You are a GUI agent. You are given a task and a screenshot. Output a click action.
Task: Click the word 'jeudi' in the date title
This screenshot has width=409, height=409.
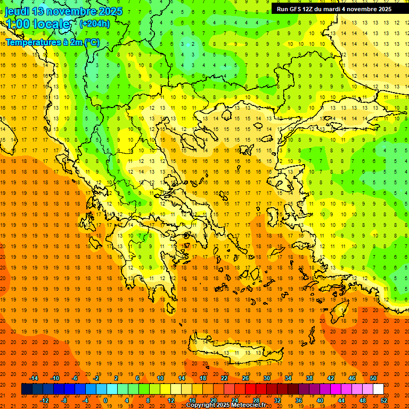(x=17, y=11)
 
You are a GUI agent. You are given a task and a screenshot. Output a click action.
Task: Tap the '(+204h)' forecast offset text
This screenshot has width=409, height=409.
(x=94, y=23)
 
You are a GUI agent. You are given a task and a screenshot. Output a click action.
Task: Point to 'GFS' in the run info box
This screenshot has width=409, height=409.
(x=298, y=9)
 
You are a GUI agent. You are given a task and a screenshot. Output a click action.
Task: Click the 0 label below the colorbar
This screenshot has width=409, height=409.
(x=105, y=400)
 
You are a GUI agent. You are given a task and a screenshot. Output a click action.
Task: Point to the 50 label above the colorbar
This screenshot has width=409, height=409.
(x=373, y=378)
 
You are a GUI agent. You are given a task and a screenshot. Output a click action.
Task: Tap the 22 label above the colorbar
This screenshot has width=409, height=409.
(x=224, y=378)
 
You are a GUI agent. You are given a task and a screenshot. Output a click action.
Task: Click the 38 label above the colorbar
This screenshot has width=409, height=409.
(x=309, y=378)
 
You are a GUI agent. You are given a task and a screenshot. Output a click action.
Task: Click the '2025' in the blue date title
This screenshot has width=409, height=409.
(x=110, y=11)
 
